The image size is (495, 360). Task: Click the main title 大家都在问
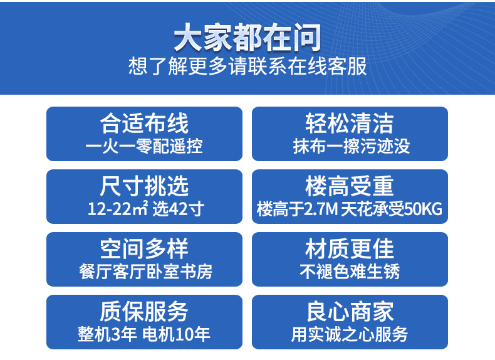point(247,38)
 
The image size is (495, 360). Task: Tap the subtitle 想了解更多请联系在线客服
point(247,66)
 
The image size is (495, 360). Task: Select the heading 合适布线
point(144,124)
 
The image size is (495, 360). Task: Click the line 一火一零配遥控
point(144,146)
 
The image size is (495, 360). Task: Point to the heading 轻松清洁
point(350,124)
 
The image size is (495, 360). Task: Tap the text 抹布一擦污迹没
point(352,146)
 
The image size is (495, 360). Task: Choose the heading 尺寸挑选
point(144,186)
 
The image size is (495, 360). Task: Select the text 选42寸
point(179,209)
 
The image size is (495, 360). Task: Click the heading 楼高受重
point(350,186)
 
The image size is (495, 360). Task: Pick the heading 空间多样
point(144,249)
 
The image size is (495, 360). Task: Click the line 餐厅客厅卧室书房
point(145,272)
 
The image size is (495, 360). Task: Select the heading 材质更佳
point(350,249)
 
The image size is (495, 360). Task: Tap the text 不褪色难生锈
point(350,272)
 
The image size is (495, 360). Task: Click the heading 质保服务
point(144,311)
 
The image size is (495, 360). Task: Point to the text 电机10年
point(176,334)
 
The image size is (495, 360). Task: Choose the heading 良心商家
point(350,311)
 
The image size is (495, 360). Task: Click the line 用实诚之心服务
point(350,334)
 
